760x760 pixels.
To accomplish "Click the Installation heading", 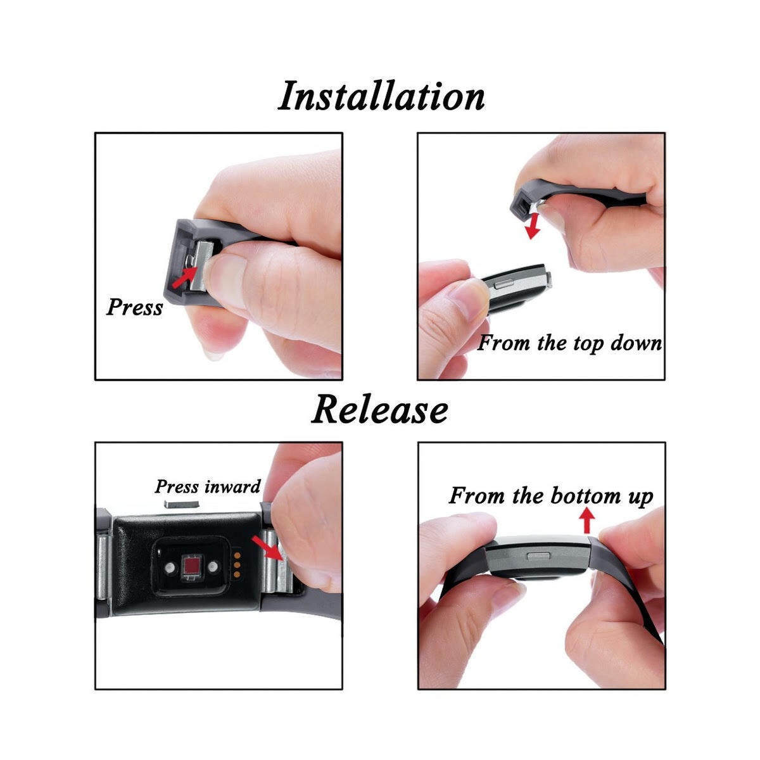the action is (x=381, y=96).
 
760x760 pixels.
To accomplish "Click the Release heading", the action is (x=379, y=410).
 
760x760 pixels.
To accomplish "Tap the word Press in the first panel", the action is (x=135, y=307).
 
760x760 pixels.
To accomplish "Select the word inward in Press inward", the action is (x=232, y=486).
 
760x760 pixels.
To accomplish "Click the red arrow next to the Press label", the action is (x=184, y=277).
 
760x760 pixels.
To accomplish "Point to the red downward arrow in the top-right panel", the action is (x=533, y=226).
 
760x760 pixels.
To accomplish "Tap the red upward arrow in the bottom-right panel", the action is (x=588, y=520).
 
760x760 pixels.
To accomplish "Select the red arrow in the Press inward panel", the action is (x=267, y=547).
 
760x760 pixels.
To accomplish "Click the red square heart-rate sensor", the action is (x=190, y=567).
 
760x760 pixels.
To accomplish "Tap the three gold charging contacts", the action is (x=237, y=565).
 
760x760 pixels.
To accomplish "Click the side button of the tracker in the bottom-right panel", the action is (x=539, y=556).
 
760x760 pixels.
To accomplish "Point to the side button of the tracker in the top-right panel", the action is (x=503, y=283).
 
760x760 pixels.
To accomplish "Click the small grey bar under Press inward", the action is (x=181, y=503).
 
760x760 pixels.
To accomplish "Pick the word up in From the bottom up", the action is (x=642, y=497).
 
